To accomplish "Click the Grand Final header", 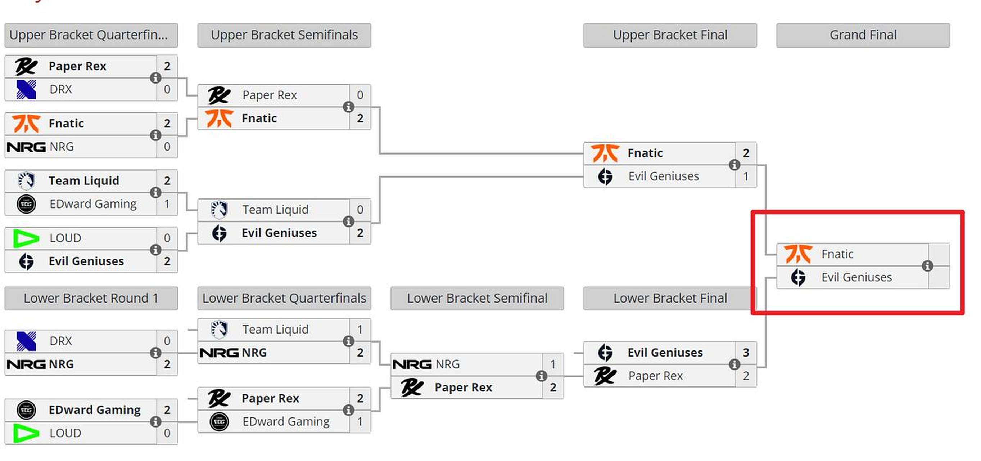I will pyautogui.click(x=863, y=35).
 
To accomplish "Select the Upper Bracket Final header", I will pyautogui.click(x=670, y=35).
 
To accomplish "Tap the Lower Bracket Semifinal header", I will pyautogui.click(x=477, y=298).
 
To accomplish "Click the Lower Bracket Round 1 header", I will pyautogui.click(x=91, y=298).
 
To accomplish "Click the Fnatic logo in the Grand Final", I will pyautogui.click(x=797, y=254).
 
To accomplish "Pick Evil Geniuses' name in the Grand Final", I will pyautogui.click(x=856, y=277).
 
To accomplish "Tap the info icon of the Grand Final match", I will pyautogui.click(x=927, y=266).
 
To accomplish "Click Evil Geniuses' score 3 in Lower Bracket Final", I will pyautogui.click(x=746, y=353).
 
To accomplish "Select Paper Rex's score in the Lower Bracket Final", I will pyautogui.click(x=746, y=376).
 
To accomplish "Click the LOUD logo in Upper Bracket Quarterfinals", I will pyautogui.click(x=26, y=238).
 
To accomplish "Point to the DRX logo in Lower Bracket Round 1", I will pyautogui.click(x=26, y=341).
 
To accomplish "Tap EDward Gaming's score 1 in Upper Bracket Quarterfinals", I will pyautogui.click(x=167, y=204).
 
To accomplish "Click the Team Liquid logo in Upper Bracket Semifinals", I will pyautogui.click(x=220, y=210).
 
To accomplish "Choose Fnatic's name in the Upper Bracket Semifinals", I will pyautogui.click(x=259, y=118).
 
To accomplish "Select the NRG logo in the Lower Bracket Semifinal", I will pyautogui.click(x=412, y=364).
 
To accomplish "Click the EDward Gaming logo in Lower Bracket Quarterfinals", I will pyautogui.click(x=220, y=422).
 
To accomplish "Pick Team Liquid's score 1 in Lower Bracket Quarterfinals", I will pyautogui.click(x=360, y=330).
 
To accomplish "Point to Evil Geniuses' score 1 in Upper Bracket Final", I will pyautogui.click(x=746, y=176).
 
